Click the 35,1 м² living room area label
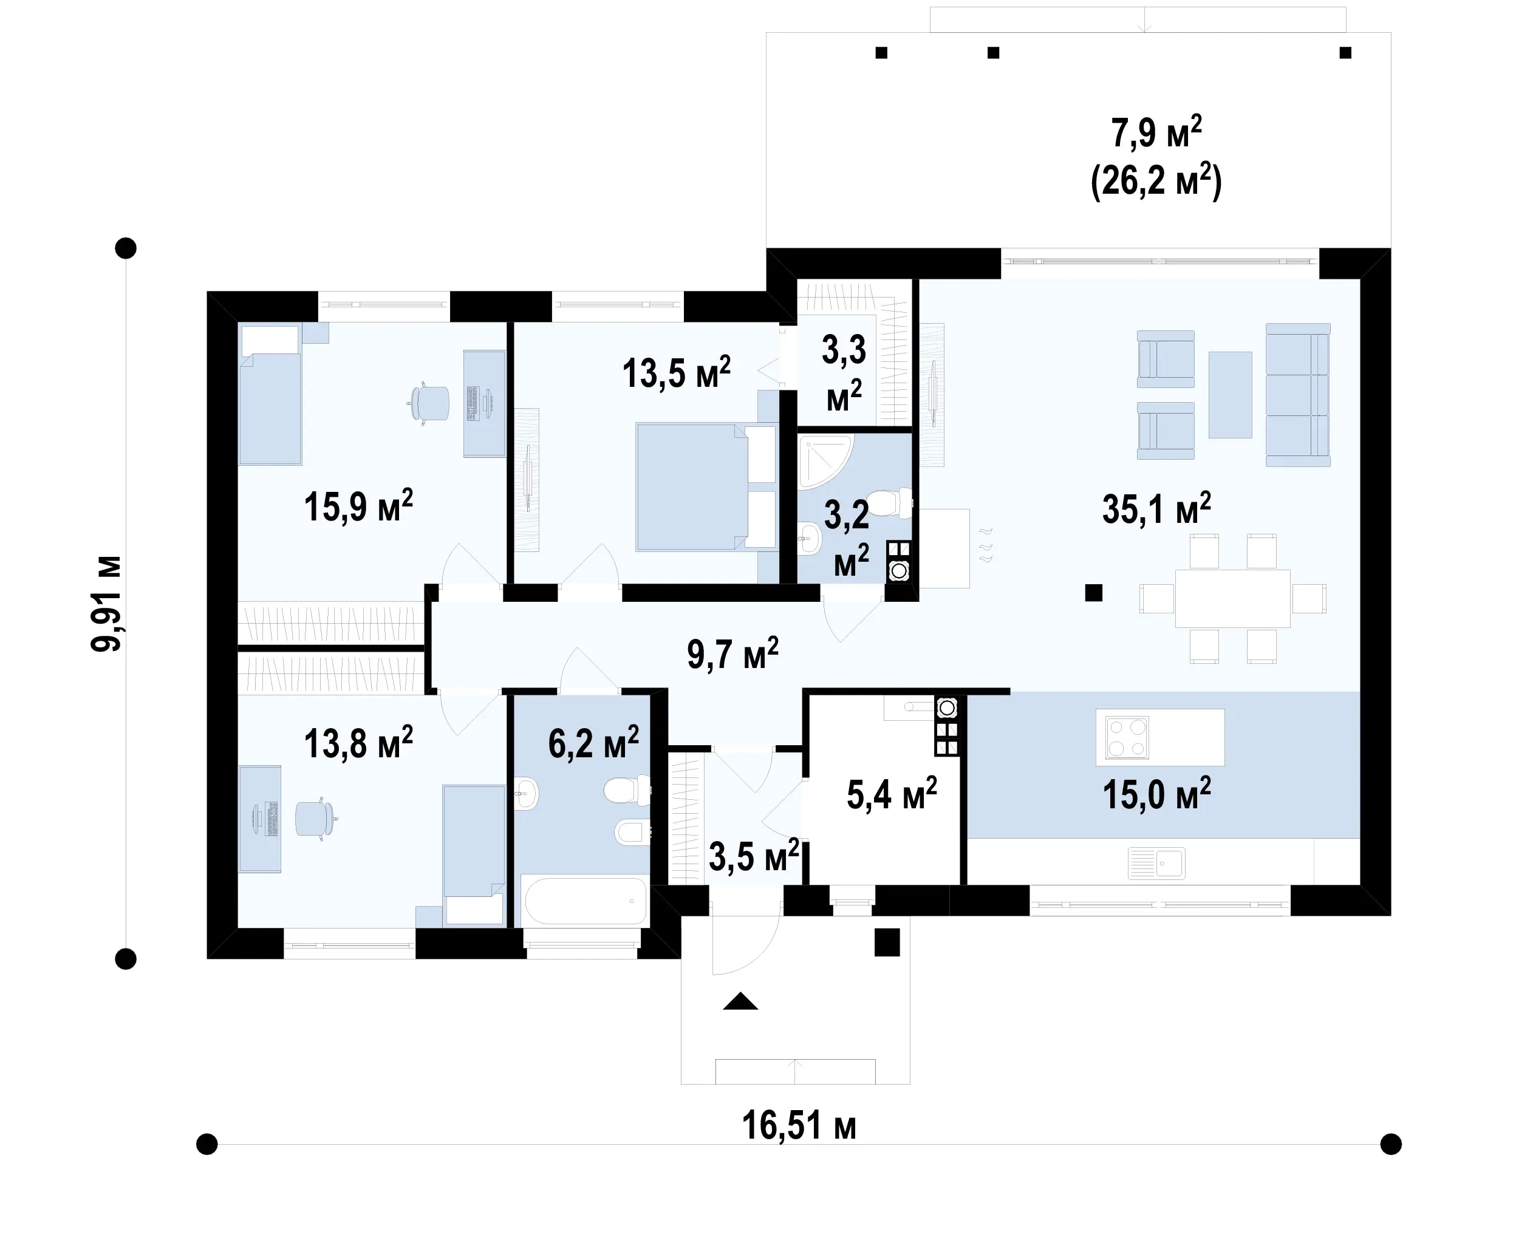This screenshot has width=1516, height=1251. [x=1156, y=509]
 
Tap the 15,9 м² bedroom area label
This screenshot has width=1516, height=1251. [x=358, y=506]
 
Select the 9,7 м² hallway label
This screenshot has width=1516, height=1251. [x=732, y=653]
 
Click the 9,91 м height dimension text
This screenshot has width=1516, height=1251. [x=107, y=604]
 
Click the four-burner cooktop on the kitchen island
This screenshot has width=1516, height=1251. [x=1127, y=738]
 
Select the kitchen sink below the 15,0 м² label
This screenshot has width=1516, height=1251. [x=1156, y=862]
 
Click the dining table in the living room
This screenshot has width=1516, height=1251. [x=1232, y=598]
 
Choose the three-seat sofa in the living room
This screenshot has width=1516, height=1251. [x=1298, y=394]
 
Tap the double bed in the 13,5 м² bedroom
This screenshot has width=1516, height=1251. [x=705, y=487]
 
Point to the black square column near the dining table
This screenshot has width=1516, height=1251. [x=1094, y=592]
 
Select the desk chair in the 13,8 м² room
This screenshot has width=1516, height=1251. [x=316, y=819]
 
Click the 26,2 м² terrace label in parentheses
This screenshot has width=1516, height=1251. [x=1156, y=181]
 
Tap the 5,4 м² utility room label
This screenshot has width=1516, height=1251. [x=891, y=794]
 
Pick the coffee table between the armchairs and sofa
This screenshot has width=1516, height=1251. [x=1230, y=394]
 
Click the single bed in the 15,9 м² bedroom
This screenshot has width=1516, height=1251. [x=270, y=395]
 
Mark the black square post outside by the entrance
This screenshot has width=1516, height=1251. [x=887, y=943]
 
